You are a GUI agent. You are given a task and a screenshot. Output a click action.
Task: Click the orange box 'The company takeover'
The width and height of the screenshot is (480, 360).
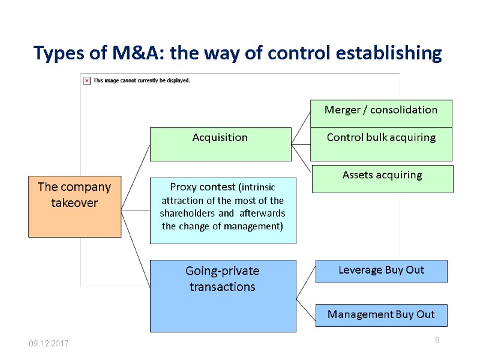coord(74,206)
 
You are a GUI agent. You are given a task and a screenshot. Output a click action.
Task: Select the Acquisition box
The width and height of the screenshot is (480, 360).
coord(220,143)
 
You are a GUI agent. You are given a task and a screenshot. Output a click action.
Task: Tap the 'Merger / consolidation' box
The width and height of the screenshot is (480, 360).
coord(380,113)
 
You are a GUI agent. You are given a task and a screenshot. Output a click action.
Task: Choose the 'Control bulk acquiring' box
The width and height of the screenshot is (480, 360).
coord(380,144)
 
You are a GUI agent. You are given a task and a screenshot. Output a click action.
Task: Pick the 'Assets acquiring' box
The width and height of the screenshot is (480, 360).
coord(382,179)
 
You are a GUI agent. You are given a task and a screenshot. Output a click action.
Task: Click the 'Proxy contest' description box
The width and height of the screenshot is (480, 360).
coord(223,210)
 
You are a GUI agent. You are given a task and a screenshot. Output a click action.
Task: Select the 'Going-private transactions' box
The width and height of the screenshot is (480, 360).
coord(223,295)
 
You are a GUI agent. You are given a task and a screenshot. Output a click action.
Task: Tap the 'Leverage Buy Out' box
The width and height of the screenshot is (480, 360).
coord(381,271)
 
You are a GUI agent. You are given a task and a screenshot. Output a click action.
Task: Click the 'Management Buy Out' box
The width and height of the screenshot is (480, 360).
coord(381,314)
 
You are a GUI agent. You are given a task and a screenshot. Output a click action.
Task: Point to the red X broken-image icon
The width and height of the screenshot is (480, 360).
coord(86,80)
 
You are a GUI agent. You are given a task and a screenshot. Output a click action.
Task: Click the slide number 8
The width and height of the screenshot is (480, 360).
coord(437,341)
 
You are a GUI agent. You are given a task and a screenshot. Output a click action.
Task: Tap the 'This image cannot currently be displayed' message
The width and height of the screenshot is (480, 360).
coord(142,80)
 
